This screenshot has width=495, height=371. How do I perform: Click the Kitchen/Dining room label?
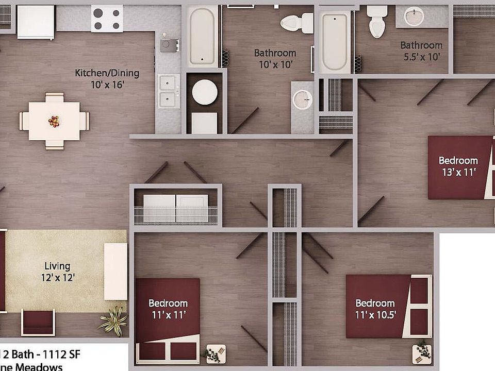tap(107, 73)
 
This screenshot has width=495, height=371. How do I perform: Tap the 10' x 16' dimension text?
tap(107, 85)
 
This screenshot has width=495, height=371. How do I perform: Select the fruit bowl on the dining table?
tap(54, 122)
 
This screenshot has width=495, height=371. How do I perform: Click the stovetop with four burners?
tap(107, 19)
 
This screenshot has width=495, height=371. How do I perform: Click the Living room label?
tap(57, 266)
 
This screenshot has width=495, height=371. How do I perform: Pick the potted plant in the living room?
tap(112, 320)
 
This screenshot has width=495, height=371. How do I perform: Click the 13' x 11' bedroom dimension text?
tap(458, 172)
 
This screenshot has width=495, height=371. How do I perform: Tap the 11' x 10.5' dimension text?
tap(375, 314)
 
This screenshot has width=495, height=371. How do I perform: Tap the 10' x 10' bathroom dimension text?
tap(275, 64)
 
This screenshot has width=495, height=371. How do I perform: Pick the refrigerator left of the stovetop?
tap(36, 22)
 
